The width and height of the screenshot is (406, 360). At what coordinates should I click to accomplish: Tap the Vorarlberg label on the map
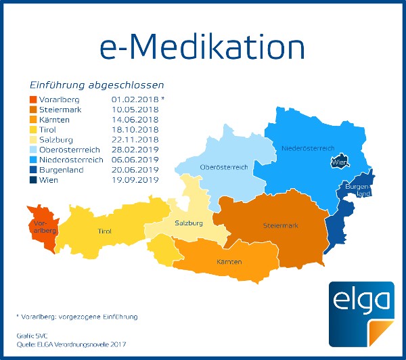pos(39,225)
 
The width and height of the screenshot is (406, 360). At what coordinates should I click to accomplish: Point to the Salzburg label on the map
pos(189,223)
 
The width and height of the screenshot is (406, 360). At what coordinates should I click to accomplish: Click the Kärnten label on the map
pos(229,261)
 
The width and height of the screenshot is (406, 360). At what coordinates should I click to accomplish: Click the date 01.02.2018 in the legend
pos(134,99)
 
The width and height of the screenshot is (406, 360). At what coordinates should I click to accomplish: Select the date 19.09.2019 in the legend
pos(134,180)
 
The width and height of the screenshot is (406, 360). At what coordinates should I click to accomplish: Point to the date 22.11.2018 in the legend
pos(134,139)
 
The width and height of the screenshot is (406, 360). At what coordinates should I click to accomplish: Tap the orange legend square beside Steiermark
pos(34,109)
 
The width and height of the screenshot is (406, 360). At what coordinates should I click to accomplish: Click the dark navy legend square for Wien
pos(34,180)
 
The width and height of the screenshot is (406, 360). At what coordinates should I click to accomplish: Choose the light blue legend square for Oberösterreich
pos(34,150)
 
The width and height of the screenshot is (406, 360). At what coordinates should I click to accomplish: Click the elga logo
pos(361,313)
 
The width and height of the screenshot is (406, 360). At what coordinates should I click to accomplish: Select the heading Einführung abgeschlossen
pos(96,85)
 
